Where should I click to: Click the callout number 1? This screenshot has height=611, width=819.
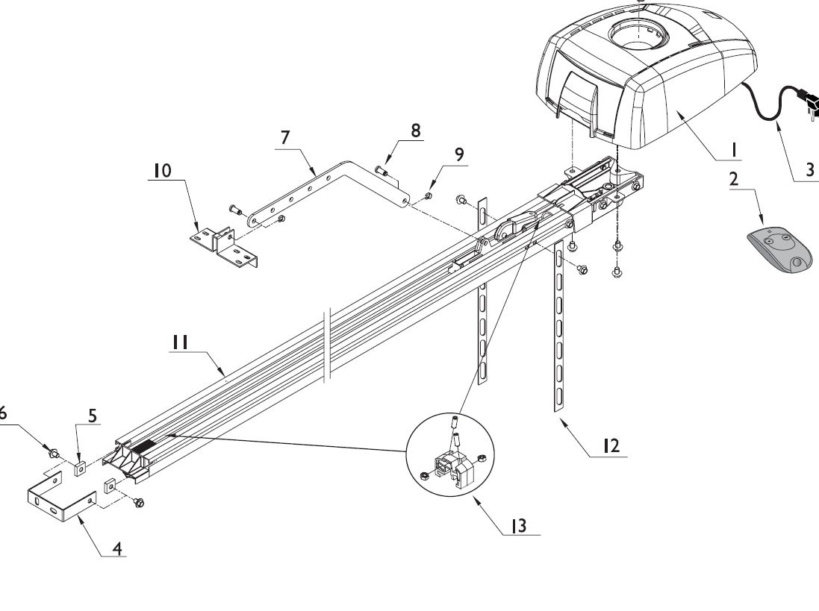pyautogui.click(x=733, y=150)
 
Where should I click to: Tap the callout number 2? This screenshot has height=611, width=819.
pyautogui.click(x=734, y=179)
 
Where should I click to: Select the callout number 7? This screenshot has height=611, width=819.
pyautogui.click(x=284, y=137)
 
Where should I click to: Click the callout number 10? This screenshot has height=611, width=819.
pyautogui.click(x=163, y=170)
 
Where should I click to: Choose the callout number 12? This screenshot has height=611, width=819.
pyautogui.click(x=611, y=446)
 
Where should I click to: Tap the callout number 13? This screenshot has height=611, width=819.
pyautogui.click(x=518, y=525)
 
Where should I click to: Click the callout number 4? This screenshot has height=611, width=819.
pyautogui.click(x=117, y=548)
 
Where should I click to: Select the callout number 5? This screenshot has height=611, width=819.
pyautogui.click(x=93, y=416)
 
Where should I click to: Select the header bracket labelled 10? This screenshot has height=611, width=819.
pyautogui.click(x=223, y=245)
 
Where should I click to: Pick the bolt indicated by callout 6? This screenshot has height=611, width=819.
pyautogui.click(x=53, y=451)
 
